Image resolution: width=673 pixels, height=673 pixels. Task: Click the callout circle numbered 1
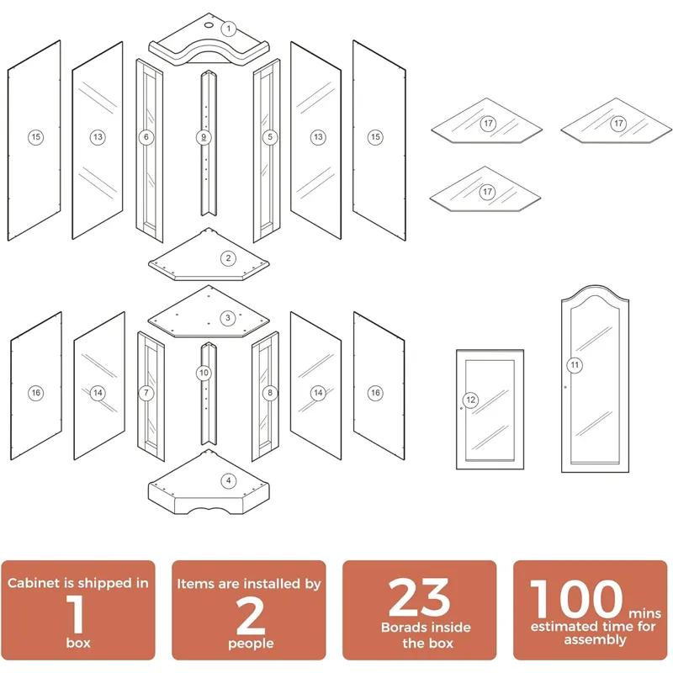(x=228, y=29)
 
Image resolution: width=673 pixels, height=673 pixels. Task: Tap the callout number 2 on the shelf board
(x=228, y=258)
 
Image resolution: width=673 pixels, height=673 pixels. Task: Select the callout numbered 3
(x=228, y=318)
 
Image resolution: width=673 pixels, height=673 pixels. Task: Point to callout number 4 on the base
(x=228, y=481)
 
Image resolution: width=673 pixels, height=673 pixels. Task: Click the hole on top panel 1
(x=208, y=25)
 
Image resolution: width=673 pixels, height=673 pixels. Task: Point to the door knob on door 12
(x=462, y=408)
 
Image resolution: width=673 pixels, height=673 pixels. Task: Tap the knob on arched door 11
(x=565, y=387)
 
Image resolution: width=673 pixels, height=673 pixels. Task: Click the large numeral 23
(x=420, y=599)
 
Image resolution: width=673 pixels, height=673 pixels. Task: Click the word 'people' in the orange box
(x=249, y=644)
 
